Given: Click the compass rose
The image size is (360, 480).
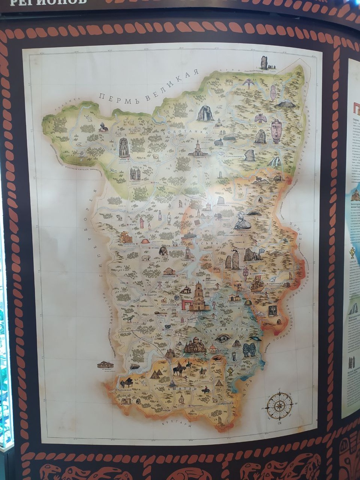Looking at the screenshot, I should (279, 406).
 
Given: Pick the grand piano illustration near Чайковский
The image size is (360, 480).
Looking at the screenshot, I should (127, 382).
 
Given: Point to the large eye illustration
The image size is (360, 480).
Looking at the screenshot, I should (223, 338).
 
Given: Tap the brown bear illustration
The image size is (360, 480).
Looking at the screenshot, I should (163, 251).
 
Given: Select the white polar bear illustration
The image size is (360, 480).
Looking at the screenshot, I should (146, 258).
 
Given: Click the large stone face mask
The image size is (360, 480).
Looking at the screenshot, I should (276, 130).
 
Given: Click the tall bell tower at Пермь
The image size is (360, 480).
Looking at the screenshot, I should (199, 296).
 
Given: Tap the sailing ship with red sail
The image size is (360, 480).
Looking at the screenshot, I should (256, 283).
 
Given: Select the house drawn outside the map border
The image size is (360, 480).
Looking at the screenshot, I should (105, 365).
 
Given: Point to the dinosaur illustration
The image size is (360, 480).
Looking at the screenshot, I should (129, 318).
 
